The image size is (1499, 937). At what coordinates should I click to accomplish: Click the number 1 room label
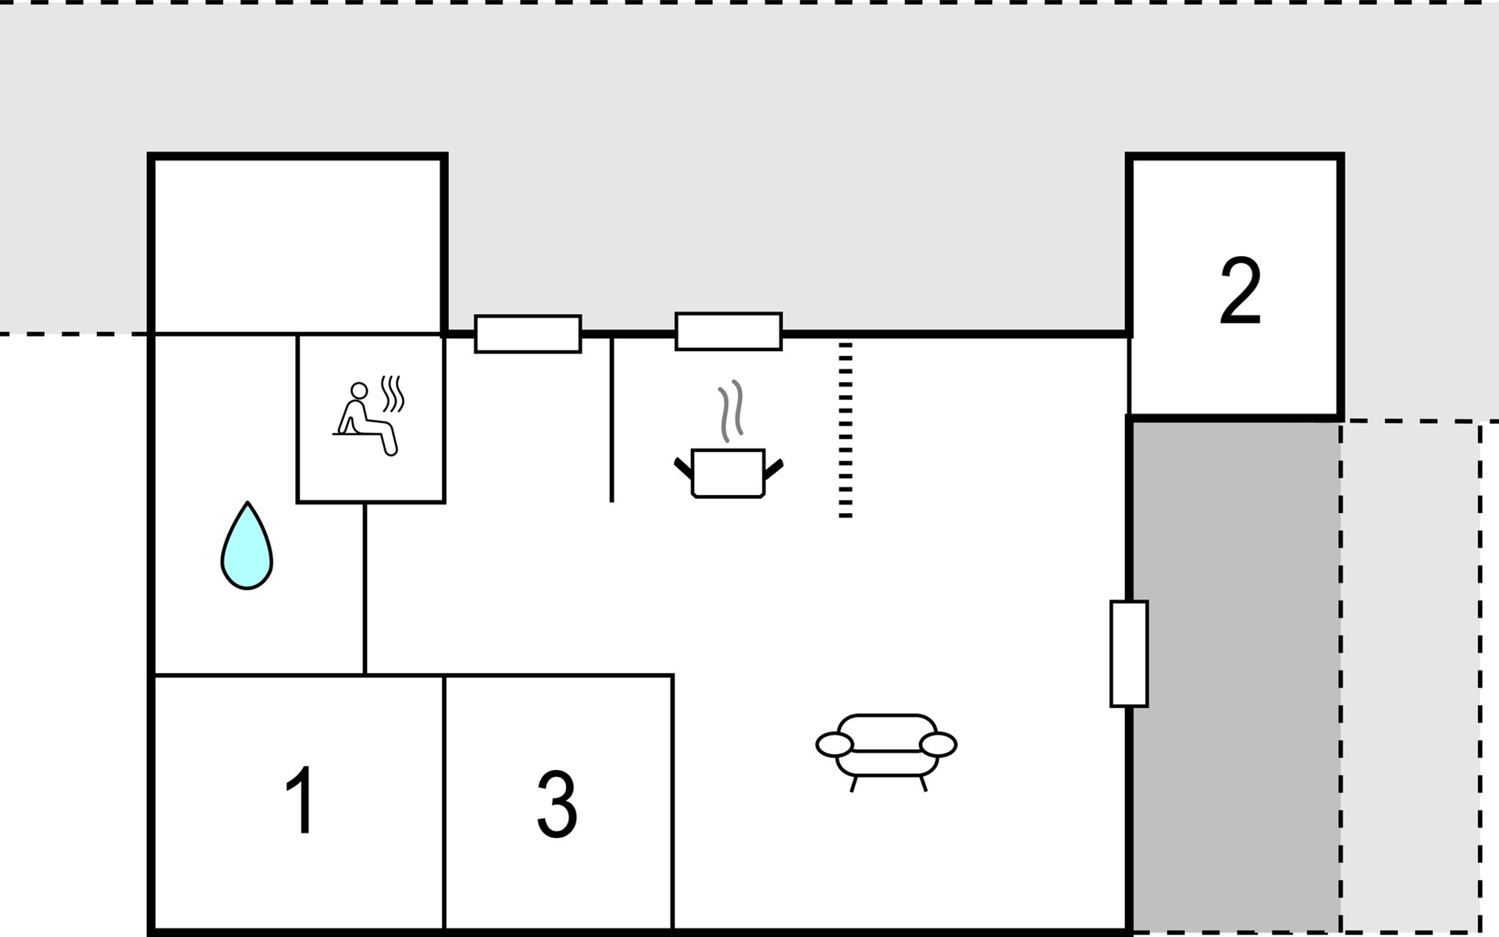(x=301, y=800)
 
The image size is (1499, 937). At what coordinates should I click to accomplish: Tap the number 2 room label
(x=1240, y=290)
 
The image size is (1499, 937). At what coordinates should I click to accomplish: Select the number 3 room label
(x=557, y=804)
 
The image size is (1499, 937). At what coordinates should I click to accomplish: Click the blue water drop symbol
(x=247, y=545)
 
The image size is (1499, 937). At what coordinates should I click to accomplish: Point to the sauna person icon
(x=365, y=418)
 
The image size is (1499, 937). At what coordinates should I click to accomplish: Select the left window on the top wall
(x=528, y=334)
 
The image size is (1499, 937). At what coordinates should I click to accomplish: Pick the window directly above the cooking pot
(x=728, y=332)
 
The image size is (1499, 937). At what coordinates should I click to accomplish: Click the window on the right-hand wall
(x=1129, y=654)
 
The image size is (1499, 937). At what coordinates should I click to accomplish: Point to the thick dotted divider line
(x=846, y=429)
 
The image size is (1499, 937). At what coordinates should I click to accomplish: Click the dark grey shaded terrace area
(x=1237, y=675)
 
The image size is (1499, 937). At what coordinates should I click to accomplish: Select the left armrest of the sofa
(x=835, y=745)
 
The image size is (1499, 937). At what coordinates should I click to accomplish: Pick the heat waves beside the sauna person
(x=392, y=394)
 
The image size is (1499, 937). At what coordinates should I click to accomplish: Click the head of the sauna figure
(x=359, y=390)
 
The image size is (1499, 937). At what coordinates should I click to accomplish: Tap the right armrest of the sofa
(x=938, y=745)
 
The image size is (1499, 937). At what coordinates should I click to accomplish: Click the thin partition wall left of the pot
(x=611, y=419)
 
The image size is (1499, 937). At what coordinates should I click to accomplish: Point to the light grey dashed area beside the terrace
(x=1410, y=675)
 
